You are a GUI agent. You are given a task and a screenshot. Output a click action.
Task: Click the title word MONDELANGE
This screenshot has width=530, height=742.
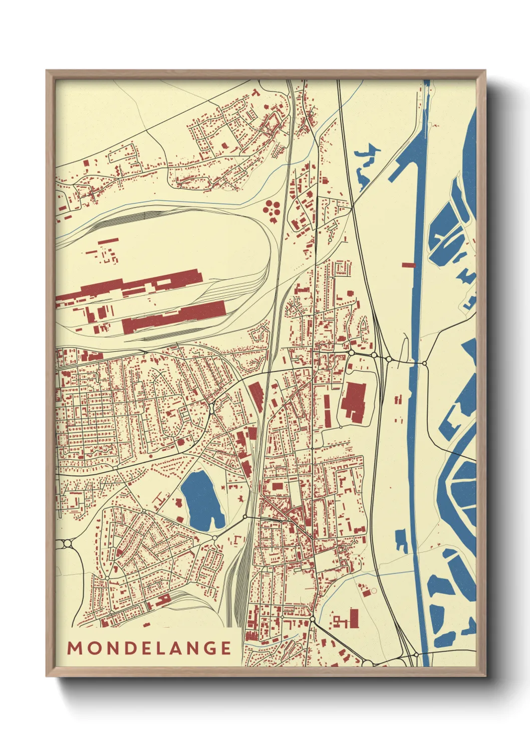click(149, 648)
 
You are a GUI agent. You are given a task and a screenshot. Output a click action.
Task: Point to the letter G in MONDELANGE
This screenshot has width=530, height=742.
click(210, 648)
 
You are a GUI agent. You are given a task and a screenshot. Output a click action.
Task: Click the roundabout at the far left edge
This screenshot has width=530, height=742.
click(67, 543)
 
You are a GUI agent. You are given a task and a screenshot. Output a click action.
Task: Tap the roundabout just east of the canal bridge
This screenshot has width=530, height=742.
click(425, 362)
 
